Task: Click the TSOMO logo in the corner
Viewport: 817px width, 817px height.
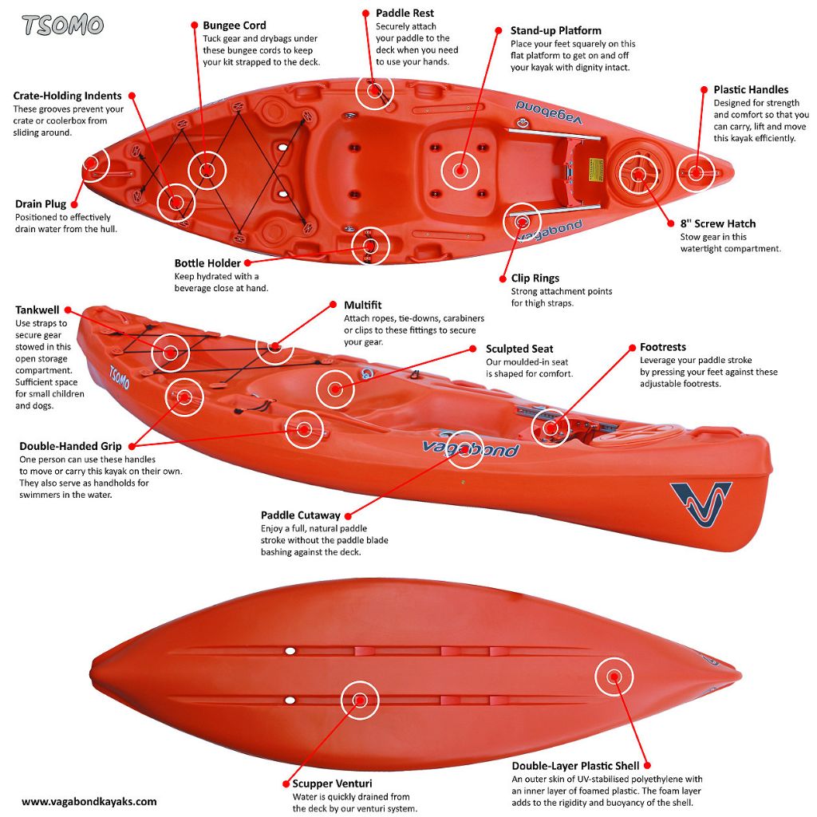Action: (63, 25)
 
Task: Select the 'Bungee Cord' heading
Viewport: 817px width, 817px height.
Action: (235, 26)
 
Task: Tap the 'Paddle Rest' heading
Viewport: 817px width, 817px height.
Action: (405, 14)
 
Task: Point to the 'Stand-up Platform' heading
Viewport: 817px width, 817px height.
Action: (555, 31)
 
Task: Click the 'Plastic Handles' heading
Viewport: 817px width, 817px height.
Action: (751, 90)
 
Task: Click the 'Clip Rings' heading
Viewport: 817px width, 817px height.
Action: (535, 278)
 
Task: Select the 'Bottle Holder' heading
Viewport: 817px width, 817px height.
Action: (207, 263)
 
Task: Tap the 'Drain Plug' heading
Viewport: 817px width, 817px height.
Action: (41, 204)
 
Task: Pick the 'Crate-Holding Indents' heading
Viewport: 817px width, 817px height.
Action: (67, 96)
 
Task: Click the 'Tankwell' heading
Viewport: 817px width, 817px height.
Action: (37, 310)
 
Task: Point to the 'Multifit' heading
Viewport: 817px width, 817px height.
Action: (363, 305)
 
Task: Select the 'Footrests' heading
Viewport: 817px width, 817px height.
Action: (662, 347)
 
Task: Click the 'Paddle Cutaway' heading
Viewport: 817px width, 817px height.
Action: (300, 515)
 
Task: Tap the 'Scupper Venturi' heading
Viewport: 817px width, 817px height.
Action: (332, 783)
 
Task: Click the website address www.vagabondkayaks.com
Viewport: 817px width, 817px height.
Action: (89, 802)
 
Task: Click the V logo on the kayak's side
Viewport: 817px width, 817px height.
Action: (701, 504)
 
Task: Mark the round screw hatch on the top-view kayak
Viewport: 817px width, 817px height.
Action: (638, 172)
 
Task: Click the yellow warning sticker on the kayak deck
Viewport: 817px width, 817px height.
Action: (595, 168)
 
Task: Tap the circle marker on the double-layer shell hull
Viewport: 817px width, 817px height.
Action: (614, 677)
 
